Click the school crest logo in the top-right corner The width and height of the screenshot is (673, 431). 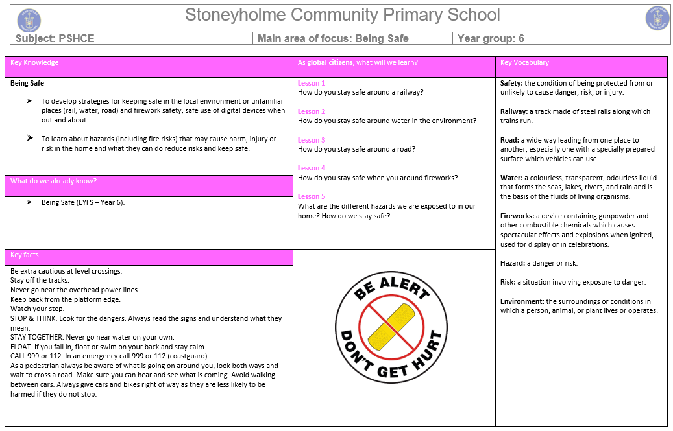point(657,18)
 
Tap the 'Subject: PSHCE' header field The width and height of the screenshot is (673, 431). point(55,39)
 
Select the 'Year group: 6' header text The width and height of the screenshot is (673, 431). point(491,39)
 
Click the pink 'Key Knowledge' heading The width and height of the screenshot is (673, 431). point(34,63)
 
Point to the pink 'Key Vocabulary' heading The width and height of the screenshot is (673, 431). point(524,63)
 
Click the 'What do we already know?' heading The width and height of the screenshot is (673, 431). point(53,181)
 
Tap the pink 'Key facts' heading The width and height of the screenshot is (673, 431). point(25,255)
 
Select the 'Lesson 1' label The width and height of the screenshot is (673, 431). point(312,83)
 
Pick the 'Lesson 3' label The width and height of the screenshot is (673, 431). point(312,140)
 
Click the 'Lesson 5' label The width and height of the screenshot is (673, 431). point(312,196)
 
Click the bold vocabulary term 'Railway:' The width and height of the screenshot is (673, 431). point(514,111)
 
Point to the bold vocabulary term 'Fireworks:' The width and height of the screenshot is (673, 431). point(518,216)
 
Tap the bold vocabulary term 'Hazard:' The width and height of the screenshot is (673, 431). point(513,263)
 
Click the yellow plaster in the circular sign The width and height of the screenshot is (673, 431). point(391,326)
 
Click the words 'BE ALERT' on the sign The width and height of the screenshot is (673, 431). point(391,290)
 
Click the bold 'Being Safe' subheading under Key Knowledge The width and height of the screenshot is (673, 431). point(27,83)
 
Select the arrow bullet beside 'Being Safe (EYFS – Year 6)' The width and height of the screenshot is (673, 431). point(29,202)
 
